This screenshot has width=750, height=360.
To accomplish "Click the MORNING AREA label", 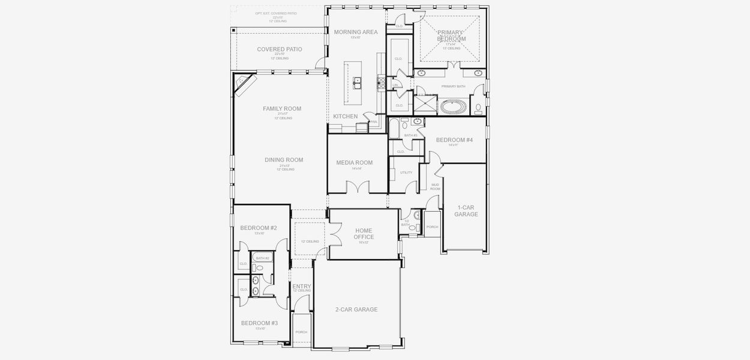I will [356, 32].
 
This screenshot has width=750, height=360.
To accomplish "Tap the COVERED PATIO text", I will [280, 49].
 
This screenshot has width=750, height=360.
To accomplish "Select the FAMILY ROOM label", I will [282, 109].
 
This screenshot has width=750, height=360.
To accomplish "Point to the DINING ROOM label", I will [284, 160].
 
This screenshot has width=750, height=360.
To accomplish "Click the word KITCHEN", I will [346, 116].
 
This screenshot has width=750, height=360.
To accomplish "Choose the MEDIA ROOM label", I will [354, 163].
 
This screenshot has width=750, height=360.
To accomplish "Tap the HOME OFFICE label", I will [364, 234].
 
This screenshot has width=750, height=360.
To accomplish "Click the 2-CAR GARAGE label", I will [356, 310].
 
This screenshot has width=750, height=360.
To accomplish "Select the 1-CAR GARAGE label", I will [466, 211].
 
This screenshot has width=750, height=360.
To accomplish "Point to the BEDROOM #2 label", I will [259, 228].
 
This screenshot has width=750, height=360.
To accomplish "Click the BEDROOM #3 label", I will [259, 323].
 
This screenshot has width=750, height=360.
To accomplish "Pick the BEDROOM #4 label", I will [454, 140].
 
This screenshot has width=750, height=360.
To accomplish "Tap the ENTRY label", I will [301, 287].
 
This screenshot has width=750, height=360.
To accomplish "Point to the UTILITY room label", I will [406, 173].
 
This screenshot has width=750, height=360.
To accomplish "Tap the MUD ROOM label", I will [435, 187].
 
